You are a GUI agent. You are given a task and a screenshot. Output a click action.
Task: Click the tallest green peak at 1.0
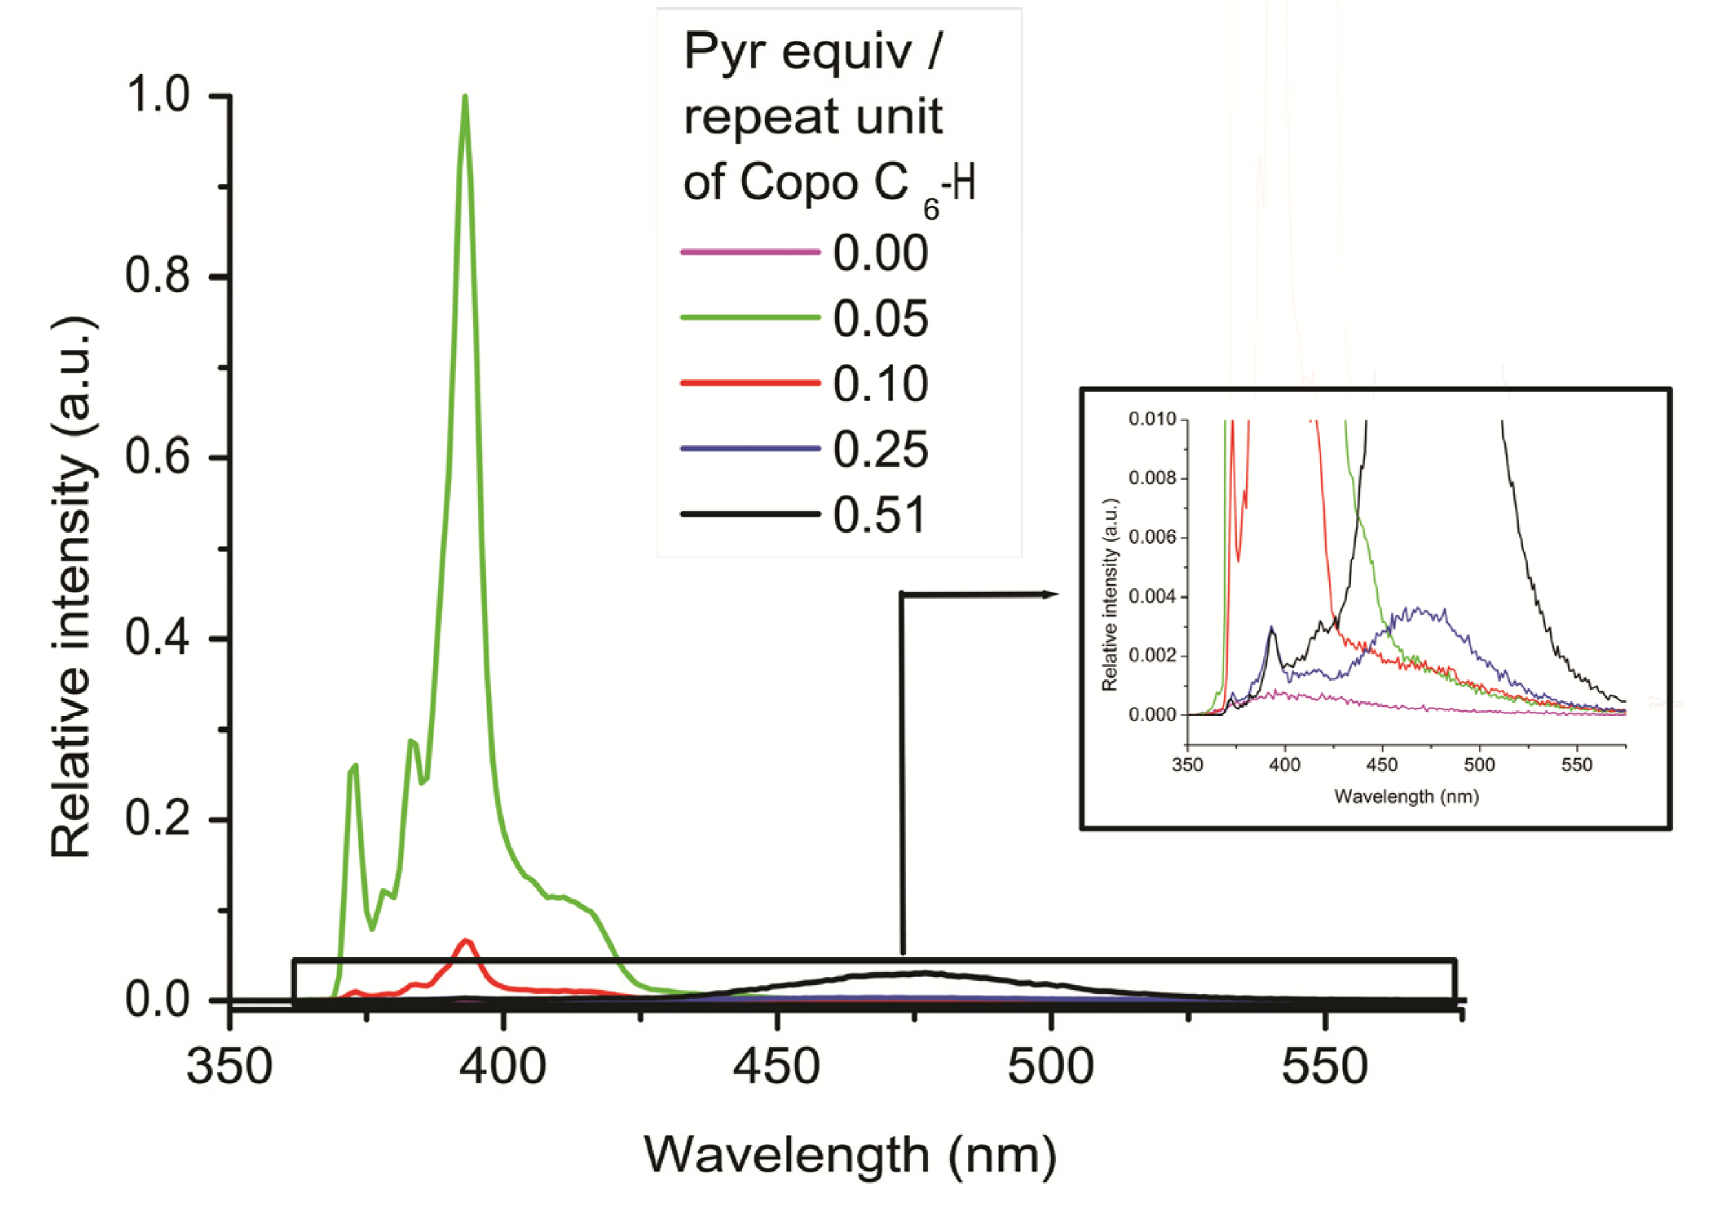click(465, 98)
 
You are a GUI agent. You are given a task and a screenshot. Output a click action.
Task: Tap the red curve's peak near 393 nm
click(466, 940)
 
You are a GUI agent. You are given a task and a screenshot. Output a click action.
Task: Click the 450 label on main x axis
click(776, 1066)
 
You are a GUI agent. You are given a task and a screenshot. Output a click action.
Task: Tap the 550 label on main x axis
click(1325, 1066)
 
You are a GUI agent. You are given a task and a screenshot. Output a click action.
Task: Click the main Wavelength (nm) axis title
click(850, 1155)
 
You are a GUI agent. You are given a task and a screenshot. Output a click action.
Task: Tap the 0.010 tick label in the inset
click(1152, 419)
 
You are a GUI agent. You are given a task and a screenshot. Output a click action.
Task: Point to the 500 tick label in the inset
click(1479, 765)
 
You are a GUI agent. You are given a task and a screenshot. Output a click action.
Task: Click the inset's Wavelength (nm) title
click(1406, 797)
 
